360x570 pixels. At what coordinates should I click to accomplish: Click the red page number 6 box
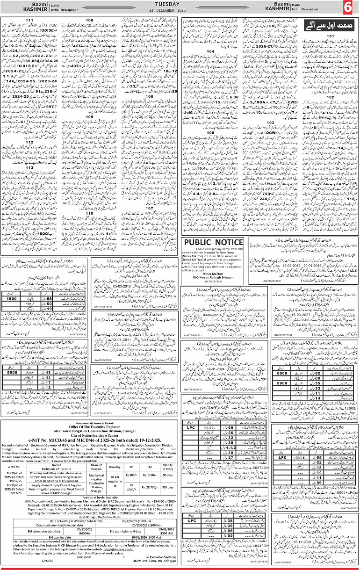[349, 8]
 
